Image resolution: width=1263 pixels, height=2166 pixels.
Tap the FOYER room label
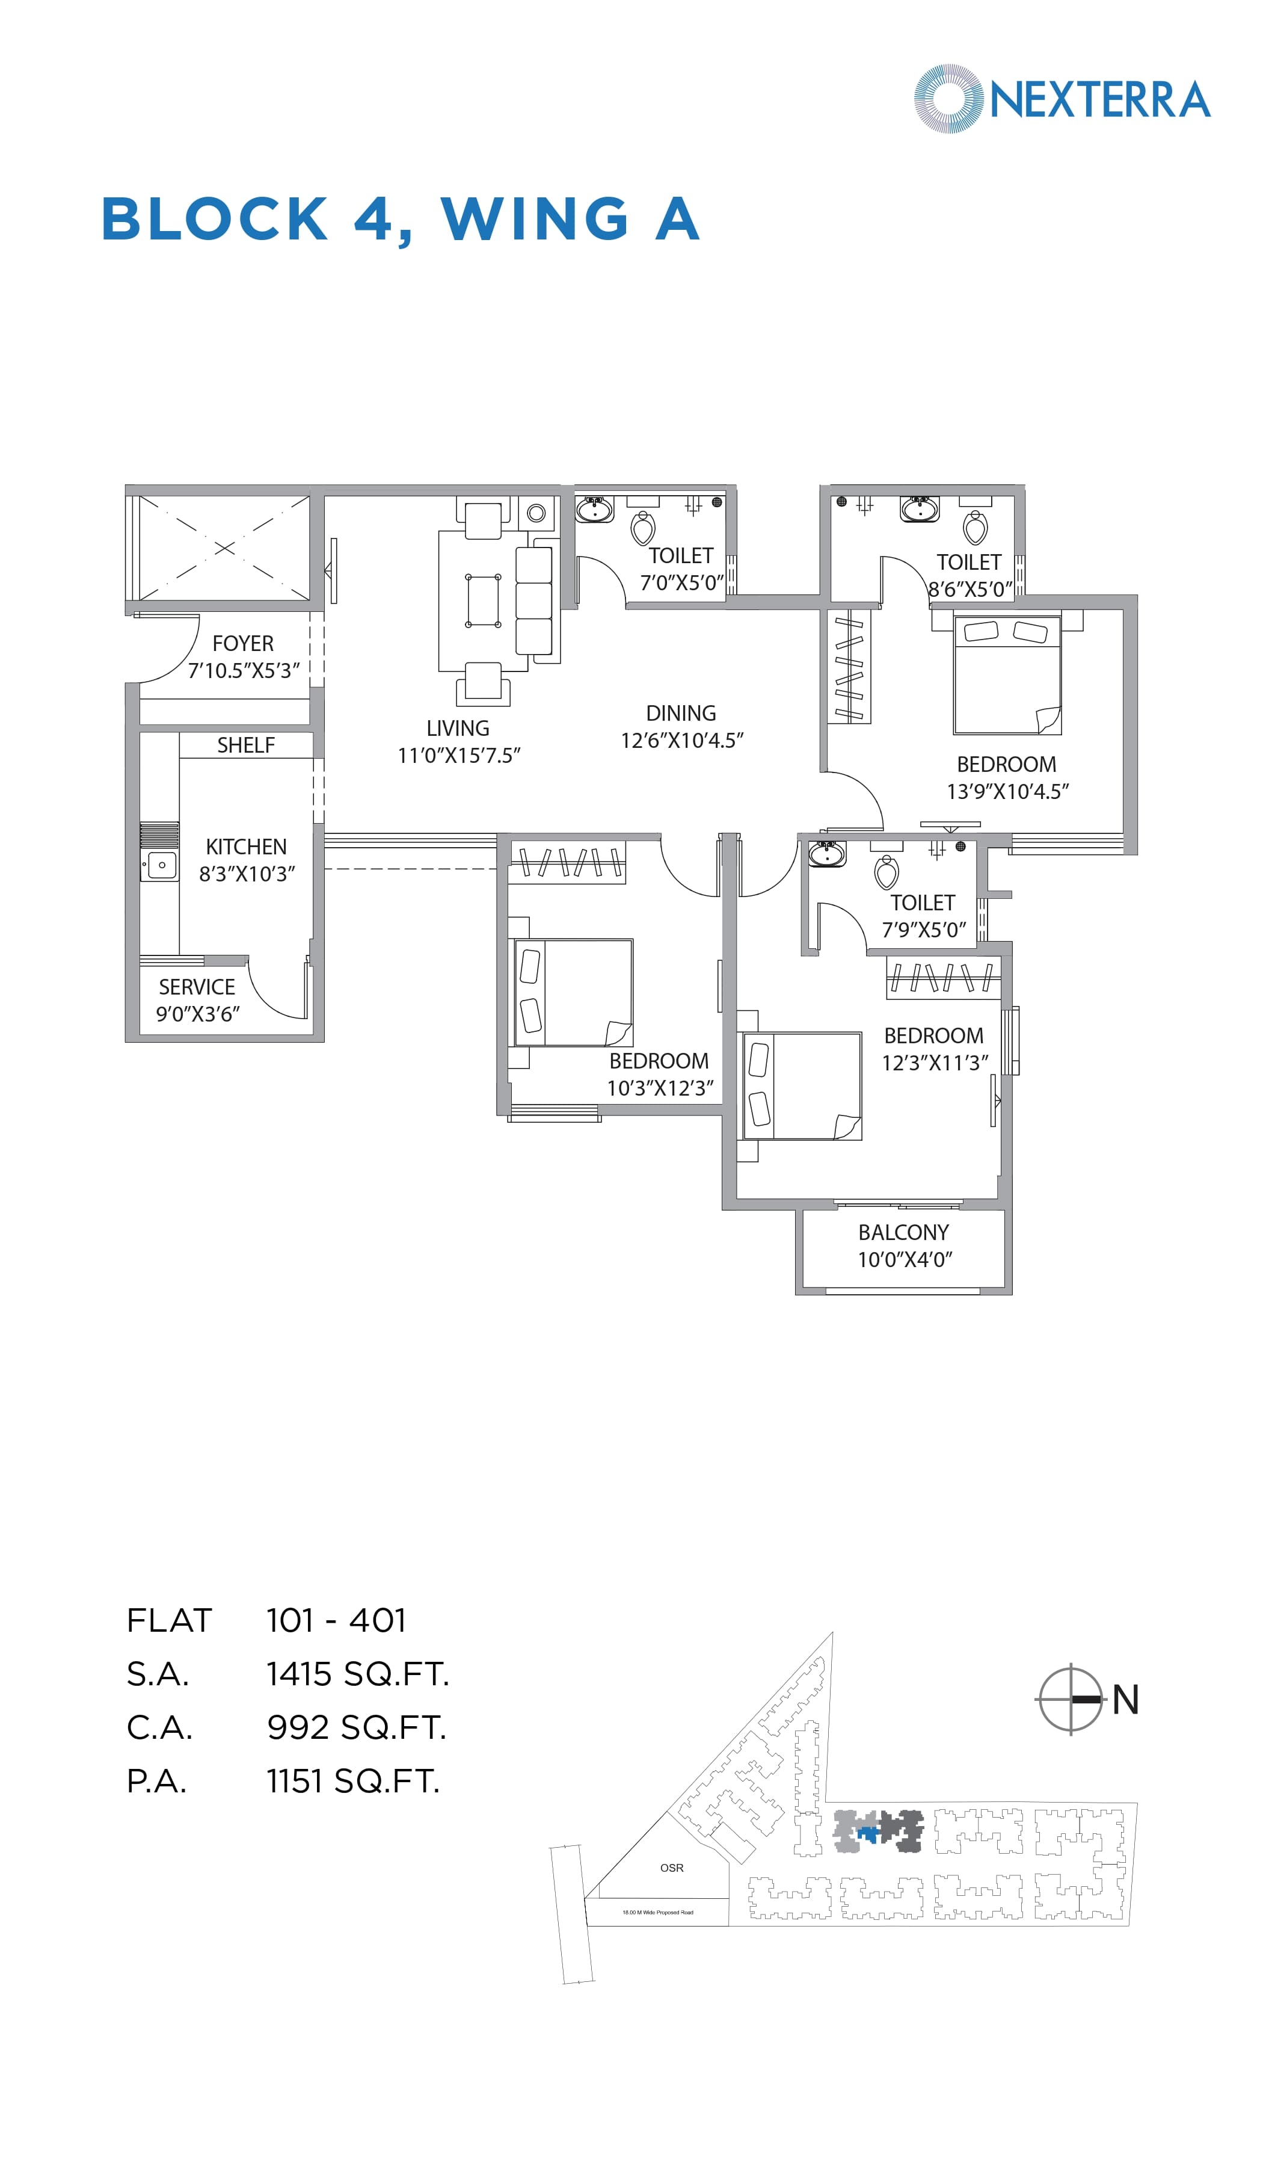pyautogui.click(x=243, y=643)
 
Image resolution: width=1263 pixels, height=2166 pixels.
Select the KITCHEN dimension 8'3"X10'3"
pyautogui.click(x=247, y=874)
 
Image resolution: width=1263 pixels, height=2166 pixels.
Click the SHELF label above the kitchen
pyautogui.click(x=246, y=745)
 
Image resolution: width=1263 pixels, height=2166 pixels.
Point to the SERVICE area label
pyautogui.click(x=197, y=987)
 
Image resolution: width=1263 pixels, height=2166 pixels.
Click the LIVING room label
pyautogui.click(x=458, y=728)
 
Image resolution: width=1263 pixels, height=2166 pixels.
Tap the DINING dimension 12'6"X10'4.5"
pyautogui.click(x=681, y=740)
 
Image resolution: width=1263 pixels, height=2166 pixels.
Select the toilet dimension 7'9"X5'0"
pyautogui.click(x=924, y=930)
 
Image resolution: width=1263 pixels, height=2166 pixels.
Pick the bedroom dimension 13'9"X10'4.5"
pyautogui.click(x=1007, y=792)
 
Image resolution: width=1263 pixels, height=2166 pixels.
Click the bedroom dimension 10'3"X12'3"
pyautogui.click(x=660, y=1088)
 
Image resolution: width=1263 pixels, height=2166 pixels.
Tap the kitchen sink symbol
pyautogui.click(x=161, y=865)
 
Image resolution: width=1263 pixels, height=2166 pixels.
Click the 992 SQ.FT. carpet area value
pyautogui.click(x=357, y=1727)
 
